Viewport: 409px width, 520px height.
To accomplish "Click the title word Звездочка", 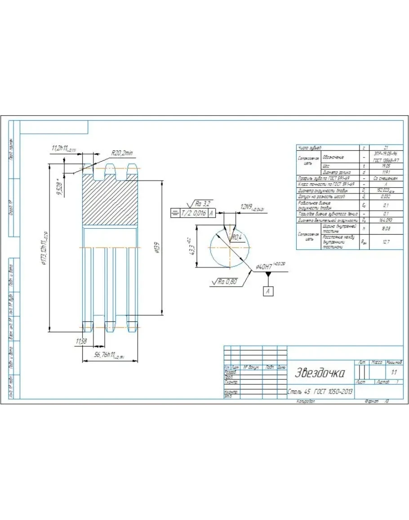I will (x=320, y=373).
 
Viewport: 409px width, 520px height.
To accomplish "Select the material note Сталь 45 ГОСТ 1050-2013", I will (x=320, y=392).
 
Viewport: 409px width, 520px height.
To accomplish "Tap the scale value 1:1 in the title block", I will (x=394, y=372).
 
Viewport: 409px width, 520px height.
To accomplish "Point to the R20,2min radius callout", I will (x=122, y=153).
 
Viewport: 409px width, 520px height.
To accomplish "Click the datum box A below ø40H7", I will (x=268, y=291).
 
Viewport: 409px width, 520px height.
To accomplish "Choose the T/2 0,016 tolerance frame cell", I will (x=194, y=213).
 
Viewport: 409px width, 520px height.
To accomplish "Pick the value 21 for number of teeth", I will (x=386, y=148).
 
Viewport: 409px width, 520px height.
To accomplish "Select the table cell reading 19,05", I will (x=385, y=166).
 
